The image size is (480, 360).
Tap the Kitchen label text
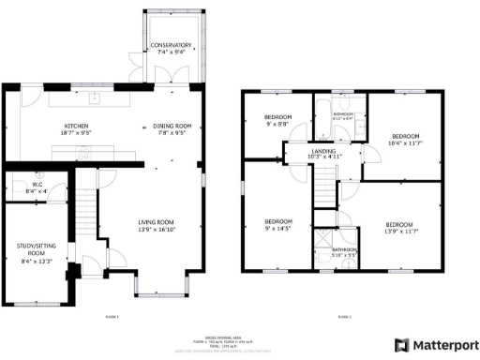[75, 128]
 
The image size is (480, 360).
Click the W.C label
[38, 187]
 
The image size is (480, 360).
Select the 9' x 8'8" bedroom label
[278, 120]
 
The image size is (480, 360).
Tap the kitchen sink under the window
[96, 97]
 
